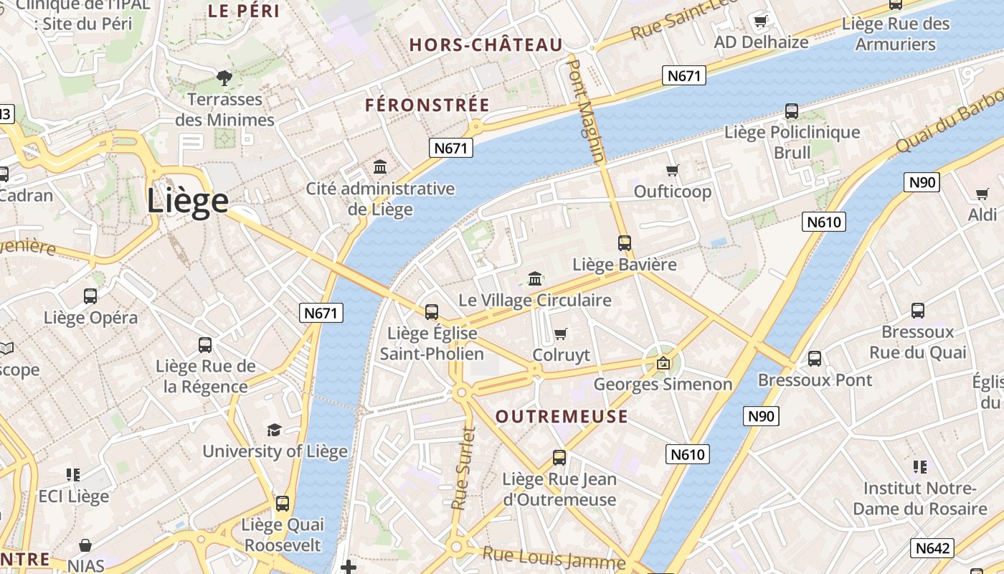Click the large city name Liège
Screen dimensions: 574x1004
(188, 201)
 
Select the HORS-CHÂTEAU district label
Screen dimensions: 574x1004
(486, 45)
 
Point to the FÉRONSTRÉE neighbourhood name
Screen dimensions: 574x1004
(427, 105)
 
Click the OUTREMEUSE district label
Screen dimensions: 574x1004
(562, 417)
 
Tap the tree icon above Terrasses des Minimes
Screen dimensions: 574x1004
(224, 77)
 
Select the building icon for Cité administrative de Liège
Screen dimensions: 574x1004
(380, 167)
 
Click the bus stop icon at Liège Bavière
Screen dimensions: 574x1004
(624, 243)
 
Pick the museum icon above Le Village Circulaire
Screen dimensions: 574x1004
(535, 278)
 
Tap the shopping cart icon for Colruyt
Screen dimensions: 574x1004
(561, 334)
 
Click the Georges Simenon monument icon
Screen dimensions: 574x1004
(663, 363)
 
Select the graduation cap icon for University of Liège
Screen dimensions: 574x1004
(274, 430)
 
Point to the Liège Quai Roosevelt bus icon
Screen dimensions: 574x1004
(283, 503)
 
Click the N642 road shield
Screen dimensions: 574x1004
(932, 548)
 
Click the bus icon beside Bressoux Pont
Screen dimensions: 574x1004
(815, 359)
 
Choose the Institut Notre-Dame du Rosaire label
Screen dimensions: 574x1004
(925, 499)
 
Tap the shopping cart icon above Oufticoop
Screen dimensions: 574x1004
(672, 171)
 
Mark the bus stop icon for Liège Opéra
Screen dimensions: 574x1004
(90, 296)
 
